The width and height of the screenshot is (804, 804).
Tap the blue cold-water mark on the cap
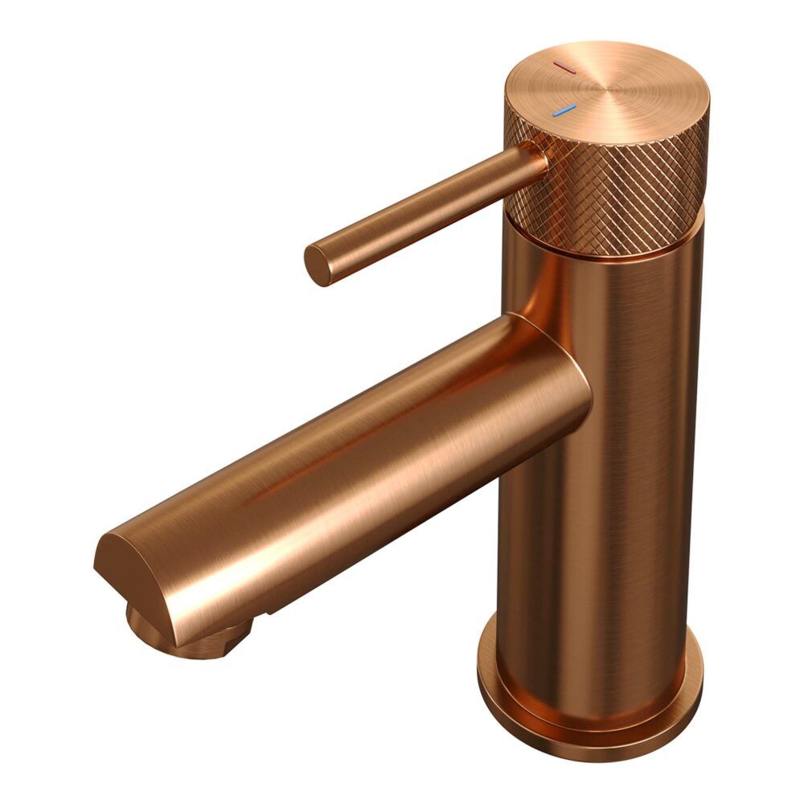click(564, 110)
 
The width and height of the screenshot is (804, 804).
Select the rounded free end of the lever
click(318, 265)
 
